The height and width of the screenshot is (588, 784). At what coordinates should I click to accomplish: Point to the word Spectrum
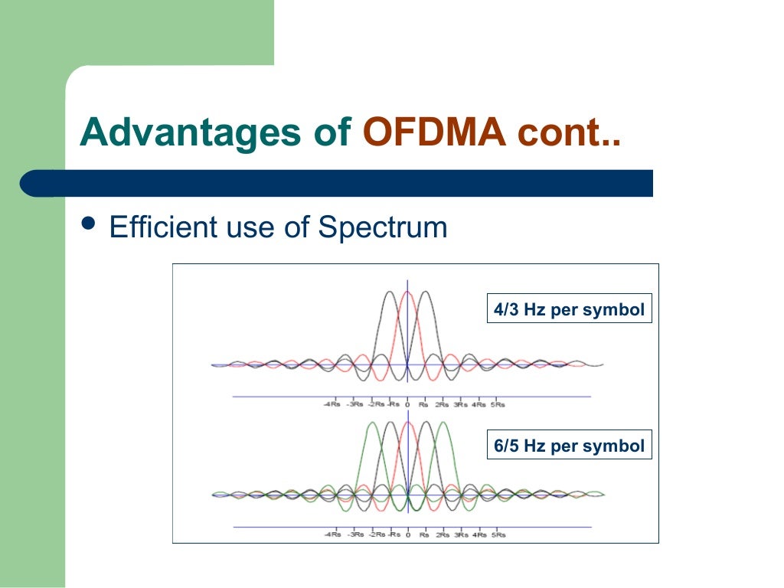click(382, 227)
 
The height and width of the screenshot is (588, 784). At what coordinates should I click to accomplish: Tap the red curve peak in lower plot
click(407, 423)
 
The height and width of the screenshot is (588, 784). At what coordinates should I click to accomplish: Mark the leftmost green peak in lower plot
click(373, 423)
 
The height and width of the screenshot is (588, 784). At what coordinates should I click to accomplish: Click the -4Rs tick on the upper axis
click(332, 404)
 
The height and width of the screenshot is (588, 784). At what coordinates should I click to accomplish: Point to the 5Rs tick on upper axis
click(498, 404)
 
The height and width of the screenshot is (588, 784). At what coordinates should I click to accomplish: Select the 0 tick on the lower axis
click(407, 534)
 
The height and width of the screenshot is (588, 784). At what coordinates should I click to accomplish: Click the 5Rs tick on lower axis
click(498, 534)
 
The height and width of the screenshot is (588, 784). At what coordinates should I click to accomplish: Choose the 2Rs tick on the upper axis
click(442, 404)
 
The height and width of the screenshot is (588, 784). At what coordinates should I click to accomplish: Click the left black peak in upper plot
click(390, 292)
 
